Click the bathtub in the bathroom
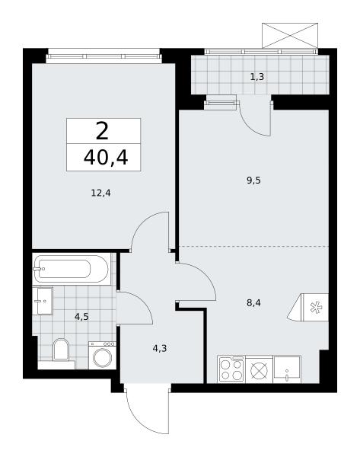pos(71,269)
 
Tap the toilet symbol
pos(61,350)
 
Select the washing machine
pos(102,355)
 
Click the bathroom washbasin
pos(43,301)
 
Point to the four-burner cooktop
pos(231,369)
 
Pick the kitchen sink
pos(287,369)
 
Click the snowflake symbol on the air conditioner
pos(315,308)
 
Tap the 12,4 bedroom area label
pos(100,193)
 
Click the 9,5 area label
pos(253,181)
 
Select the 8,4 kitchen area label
pos(253,303)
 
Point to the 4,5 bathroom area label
pos(81,317)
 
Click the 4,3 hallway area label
pos(160,348)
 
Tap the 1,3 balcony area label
pos(257,77)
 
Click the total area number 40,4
pos(106,158)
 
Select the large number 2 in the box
pos(102,131)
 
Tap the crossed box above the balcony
pos(290,36)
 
